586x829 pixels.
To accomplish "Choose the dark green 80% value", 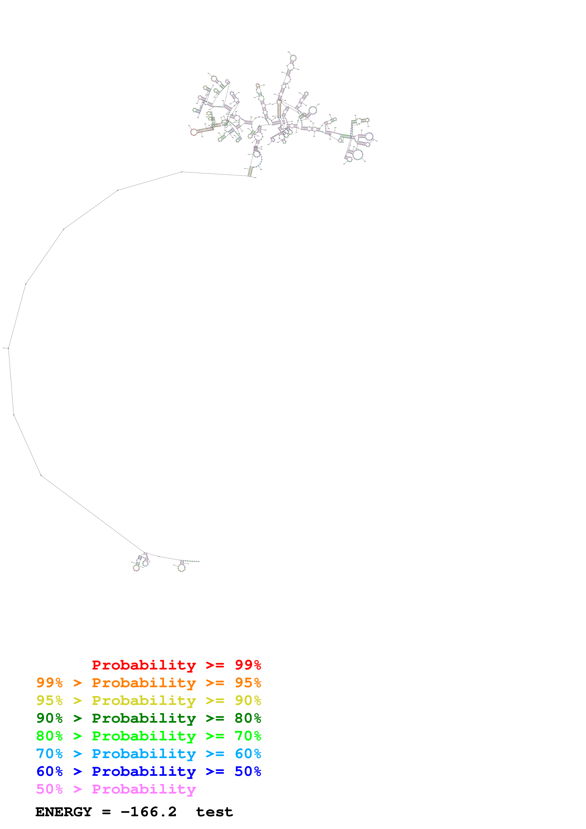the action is coord(248,718).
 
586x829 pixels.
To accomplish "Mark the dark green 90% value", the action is coord(49,718).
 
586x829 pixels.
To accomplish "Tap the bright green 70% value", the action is coord(248,736).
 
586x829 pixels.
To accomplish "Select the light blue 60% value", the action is coord(248,754).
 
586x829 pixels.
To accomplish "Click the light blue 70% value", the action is coord(49,754).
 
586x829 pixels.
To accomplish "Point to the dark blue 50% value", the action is coord(248,771).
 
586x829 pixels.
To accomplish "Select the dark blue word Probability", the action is coord(144,771).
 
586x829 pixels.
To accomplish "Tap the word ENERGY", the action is coord(64,812).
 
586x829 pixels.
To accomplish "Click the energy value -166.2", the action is coord(149,812).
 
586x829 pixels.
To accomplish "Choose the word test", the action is coord(214,812).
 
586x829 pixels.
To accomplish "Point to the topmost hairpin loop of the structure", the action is coord(293,58).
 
